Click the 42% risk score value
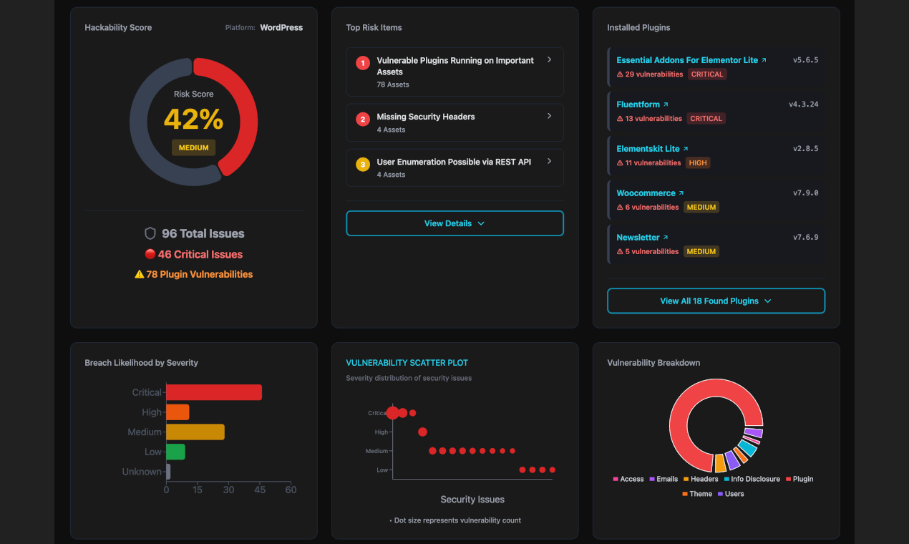(x=193, y=120)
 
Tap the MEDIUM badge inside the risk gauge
(x=193, y=147)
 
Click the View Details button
(x=454, y=223)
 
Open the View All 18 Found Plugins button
(x=716, y=301)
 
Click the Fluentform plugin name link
(x=638, y=105)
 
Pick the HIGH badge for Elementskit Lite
(x=697, y=162)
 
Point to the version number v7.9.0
(x=805, y=193)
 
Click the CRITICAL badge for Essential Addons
(x=707, y=74)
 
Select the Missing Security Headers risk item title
(x=426, y=117)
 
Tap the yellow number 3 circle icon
(x=363, y=165)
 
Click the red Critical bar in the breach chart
(x=213, y=392)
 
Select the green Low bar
(x=175, y=452)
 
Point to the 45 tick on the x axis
(x=260, y=490)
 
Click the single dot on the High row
(x=422, y=432)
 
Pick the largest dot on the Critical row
(x=392, y=412)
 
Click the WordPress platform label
(x=281, y=28)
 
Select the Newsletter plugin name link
(x=638, y=238)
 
